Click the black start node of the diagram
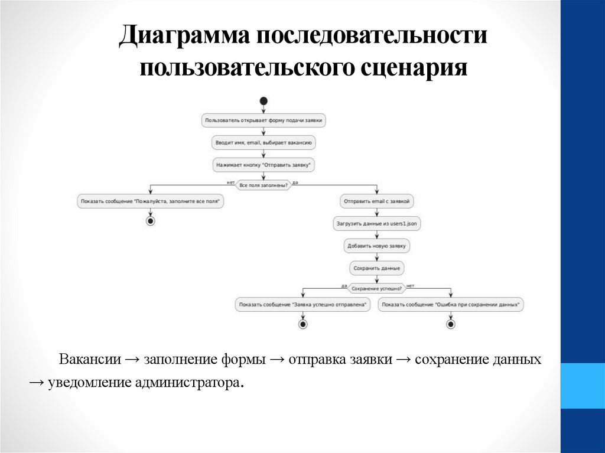click(x=264, y=100)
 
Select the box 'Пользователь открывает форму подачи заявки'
click(x=264, y=120)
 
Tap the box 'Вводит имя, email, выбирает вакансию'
click(x=264, y=142)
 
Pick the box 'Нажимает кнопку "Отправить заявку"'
click(x=264, y=165)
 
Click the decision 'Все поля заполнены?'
click(x=264, y=185)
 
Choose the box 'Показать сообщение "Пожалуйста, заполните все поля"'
click(x=150, y=201)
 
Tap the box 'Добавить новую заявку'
click(x=377, y=246)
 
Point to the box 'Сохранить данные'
click(x=377, y=268)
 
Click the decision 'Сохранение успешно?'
click(x=377, y=289)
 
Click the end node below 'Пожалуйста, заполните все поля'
click(x=150, y=221)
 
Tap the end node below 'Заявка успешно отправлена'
click(x=302, y=324)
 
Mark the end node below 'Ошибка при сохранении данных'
click(x=451, y=324)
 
